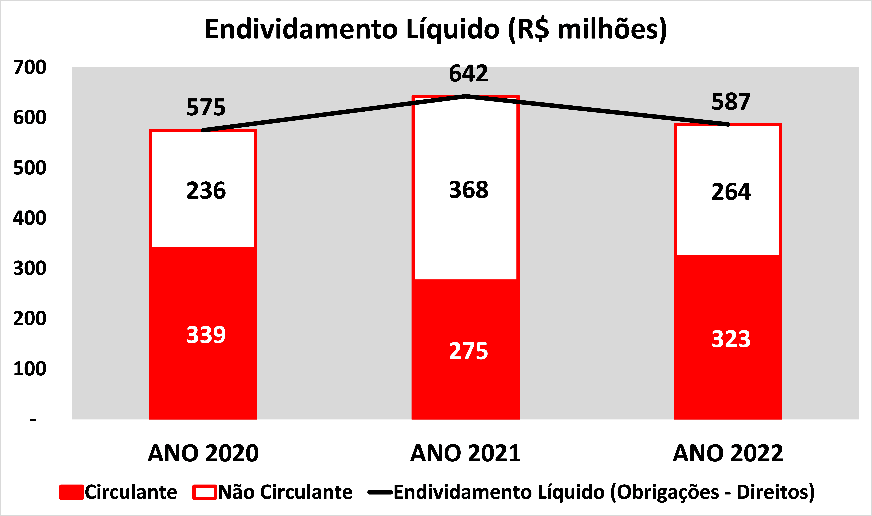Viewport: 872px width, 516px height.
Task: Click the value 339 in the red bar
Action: tap(206, 335)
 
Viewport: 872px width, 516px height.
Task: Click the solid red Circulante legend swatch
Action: tap(72, 492)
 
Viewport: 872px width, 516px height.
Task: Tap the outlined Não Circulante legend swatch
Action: tap(205, 492)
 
